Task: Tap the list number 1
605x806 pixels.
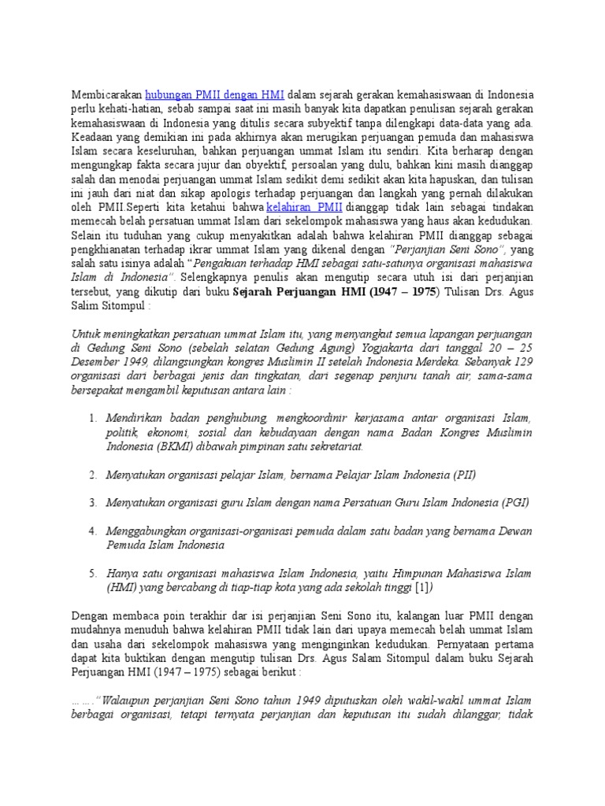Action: pos(92,417)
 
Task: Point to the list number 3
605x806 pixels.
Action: pos(92,502)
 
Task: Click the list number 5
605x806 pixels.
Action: pos(92,573)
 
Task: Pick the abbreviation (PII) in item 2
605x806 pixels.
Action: pos(464,474)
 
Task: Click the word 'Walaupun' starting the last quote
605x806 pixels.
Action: pos(126,700)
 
